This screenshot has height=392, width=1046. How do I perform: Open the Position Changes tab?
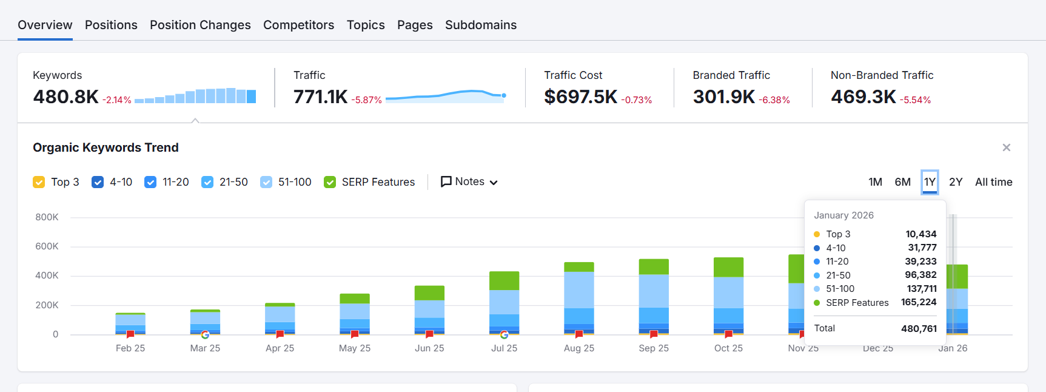click(x=200, y=25)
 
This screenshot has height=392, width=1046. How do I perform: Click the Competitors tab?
click(x=298, y=25)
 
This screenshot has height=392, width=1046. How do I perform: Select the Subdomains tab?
click(x=480, y=25)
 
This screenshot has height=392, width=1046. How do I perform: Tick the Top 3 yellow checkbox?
click(x=39, y=182)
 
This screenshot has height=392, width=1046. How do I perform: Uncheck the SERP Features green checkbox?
click(x=330, y=182)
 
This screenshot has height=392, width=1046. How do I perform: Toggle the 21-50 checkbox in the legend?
click(x=207, y=182)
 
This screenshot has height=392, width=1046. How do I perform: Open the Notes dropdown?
click(x=469, y=182)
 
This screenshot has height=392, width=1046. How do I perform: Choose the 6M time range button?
click(x=902, y=182)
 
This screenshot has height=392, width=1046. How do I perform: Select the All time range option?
click(x=993, y=182)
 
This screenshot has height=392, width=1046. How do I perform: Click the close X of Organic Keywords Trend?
click(x=1006, y=147)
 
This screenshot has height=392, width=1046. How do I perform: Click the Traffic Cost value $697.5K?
click(x=580, y=96)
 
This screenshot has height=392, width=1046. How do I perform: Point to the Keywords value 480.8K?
click(x=65, y=96)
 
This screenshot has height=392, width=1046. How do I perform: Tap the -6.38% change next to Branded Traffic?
click(x=774, y=100)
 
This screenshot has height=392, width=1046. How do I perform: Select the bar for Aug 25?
click(x=578, y=297)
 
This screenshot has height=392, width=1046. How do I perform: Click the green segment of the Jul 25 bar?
click(x=504, y=280)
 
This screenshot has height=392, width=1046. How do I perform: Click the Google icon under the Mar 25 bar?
click(x=205, y=334)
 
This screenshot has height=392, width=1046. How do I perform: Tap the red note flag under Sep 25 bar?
click(x=654, y=334)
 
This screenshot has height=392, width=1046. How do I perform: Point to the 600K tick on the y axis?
click(x=47, y=246)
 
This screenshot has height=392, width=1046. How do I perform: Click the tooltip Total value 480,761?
click(x=919, y=328)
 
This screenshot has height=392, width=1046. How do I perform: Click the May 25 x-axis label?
click(x=354, y=348)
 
